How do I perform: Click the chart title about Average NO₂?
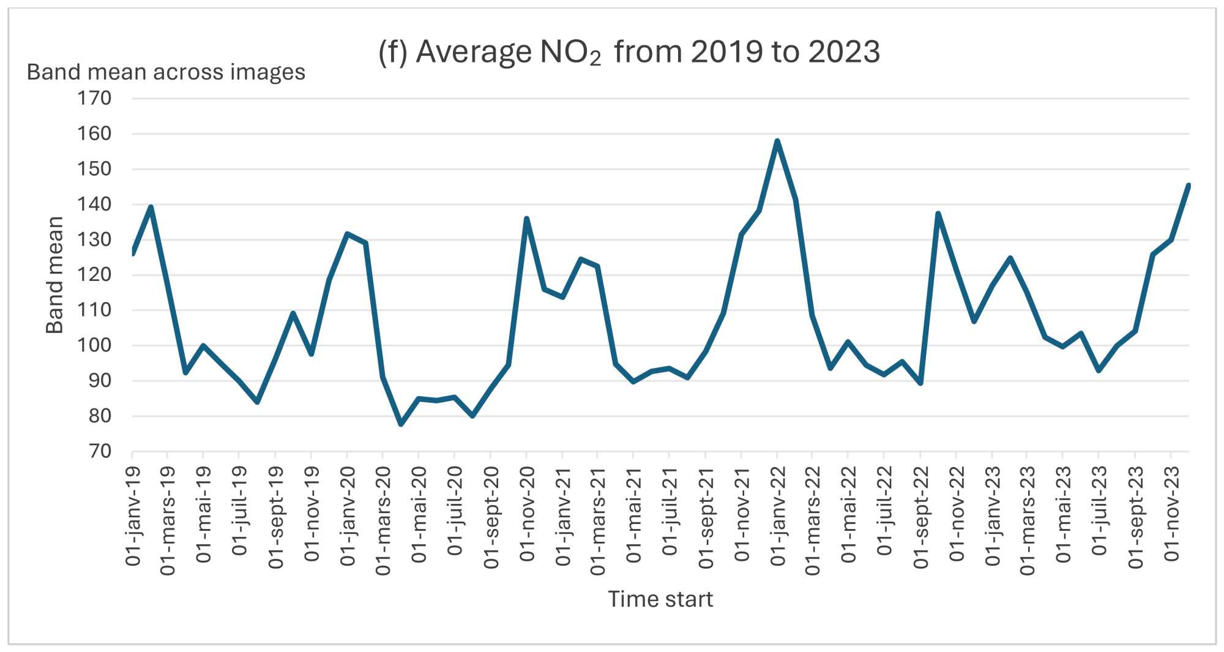(629, 52)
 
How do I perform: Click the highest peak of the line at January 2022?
(777, 141)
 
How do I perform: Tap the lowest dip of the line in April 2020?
(401, 424)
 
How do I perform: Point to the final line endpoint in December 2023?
(1189, 185)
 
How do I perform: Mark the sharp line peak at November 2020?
(526, 219)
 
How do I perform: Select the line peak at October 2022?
(938, 214)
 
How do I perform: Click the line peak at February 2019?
(151, 207)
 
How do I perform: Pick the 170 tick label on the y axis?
(94, 98)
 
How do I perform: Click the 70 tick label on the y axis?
(100, 451)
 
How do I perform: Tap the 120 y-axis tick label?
(94, 274)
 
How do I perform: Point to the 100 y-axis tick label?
(94, 345)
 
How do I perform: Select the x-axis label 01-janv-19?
(133, 515)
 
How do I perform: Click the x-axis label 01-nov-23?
(1171, 514)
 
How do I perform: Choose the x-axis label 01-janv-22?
(778, 515)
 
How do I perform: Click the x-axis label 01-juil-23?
(1100, 511)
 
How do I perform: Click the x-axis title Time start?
(660, 599)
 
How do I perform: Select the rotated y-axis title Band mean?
(55, 275)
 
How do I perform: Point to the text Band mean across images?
(166, 72)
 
